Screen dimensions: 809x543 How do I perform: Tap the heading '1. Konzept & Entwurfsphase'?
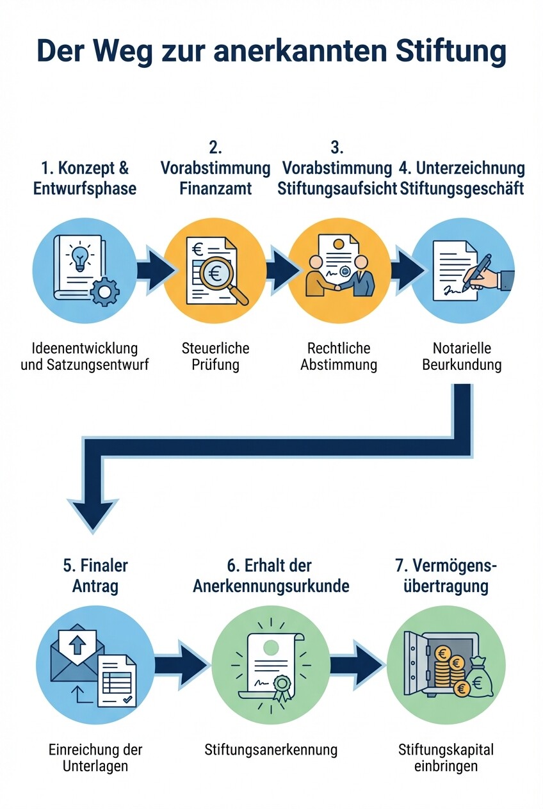coord(85,179)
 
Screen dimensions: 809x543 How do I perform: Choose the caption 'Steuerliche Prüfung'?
coord(215,357)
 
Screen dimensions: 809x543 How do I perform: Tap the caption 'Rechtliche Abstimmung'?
coord(339,357)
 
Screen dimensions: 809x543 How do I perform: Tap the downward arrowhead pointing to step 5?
coord(93,512)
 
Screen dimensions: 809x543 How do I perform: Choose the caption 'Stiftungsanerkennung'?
coord(271,749)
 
